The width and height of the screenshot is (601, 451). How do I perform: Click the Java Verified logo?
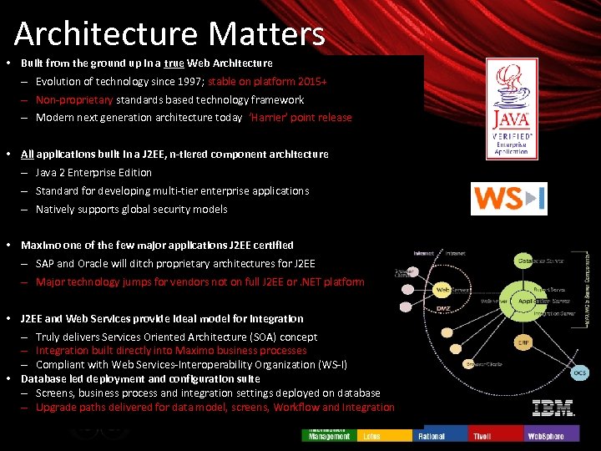[x=511, y=107]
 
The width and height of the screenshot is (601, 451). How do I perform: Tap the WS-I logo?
[x=508, y=199]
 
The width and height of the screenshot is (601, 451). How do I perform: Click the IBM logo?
[x=553, y=408]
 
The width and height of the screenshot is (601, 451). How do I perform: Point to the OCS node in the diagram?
[x=579, y=372]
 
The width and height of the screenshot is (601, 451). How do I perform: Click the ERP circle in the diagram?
[x=523, y=342]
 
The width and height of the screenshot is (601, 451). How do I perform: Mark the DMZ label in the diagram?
[x=443, y=308]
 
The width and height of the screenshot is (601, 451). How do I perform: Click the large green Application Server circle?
[x=527, y=299]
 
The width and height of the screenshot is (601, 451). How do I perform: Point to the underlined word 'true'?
[x=174, y=63]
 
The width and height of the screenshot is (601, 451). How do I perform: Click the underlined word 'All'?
[x=28, y=155]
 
